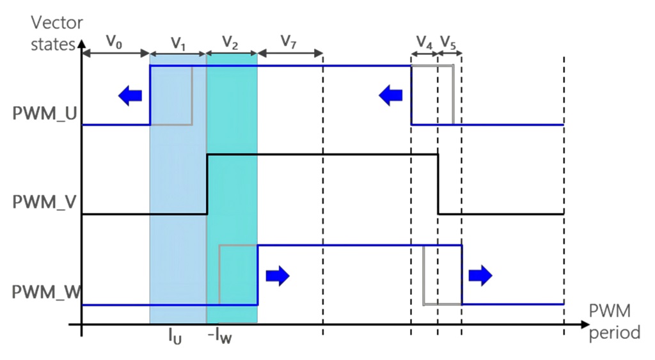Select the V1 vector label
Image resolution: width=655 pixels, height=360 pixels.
click(178, 43)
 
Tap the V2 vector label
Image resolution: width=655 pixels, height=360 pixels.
click(231, 43)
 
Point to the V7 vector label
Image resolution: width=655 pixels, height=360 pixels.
click(288, 43)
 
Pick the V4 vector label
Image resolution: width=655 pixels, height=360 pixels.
click(424, 43)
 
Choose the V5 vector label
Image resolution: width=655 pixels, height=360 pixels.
click(449, 43)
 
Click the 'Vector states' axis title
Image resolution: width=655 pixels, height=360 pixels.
click(57, 33)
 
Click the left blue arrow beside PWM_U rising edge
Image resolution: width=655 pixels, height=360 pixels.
click(130, 96)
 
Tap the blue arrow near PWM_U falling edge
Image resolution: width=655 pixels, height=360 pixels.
click(390, 96)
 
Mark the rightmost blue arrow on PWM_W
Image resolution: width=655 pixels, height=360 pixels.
click(480, 275)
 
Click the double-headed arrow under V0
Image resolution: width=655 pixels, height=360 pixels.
click(115, 54)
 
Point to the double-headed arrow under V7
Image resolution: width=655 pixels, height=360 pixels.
click(289, 54)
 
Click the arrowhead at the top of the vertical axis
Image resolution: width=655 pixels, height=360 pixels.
click(81, 45)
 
